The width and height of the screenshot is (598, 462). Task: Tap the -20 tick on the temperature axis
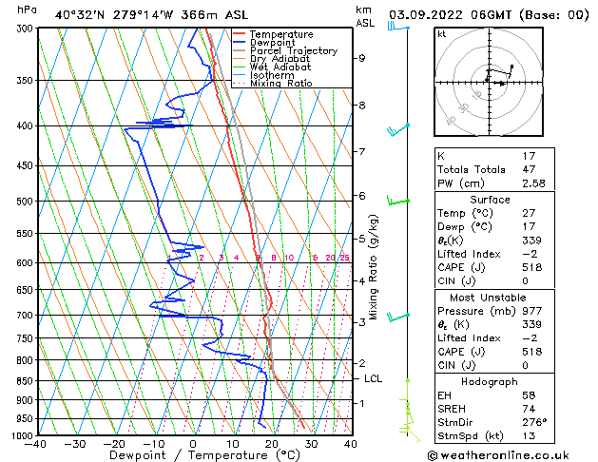pyautogui.click(x=114, y=443)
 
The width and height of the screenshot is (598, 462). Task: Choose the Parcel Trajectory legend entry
pyautogui.click(x=293, y=51)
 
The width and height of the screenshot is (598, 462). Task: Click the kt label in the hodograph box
pyautogui.click(x=441, y=33)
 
